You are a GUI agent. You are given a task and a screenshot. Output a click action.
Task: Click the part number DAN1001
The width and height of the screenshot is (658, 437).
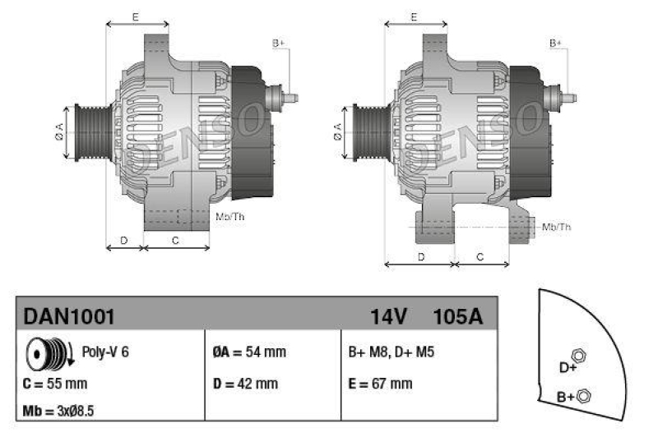(68, 316)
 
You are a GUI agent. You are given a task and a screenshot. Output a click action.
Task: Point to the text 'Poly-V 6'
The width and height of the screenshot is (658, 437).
(105, 352)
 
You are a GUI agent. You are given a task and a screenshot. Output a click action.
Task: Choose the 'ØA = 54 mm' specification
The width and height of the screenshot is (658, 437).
(249, 352)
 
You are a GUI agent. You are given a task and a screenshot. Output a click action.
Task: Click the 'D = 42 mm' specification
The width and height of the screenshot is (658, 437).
(245, 383)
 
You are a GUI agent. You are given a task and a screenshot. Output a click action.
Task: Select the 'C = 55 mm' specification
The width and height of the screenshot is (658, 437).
(54, 383)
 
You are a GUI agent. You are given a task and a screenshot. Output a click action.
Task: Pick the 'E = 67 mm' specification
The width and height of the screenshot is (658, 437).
(381, 383)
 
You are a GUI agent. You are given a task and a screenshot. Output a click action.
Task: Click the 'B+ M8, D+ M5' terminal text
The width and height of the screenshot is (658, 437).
(392, 352)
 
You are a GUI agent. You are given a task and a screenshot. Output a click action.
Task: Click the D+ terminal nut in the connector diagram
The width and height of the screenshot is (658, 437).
(578, 356)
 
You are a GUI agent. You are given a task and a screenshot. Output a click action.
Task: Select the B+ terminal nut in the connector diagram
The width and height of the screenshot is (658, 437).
(585, 396)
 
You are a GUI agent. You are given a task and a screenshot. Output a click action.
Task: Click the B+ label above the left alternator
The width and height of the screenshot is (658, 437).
(278, 43)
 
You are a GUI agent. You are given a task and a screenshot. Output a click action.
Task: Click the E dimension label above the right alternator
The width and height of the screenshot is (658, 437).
(415, 16)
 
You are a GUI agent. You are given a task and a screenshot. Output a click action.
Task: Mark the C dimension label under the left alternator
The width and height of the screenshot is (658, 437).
(175, 240)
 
